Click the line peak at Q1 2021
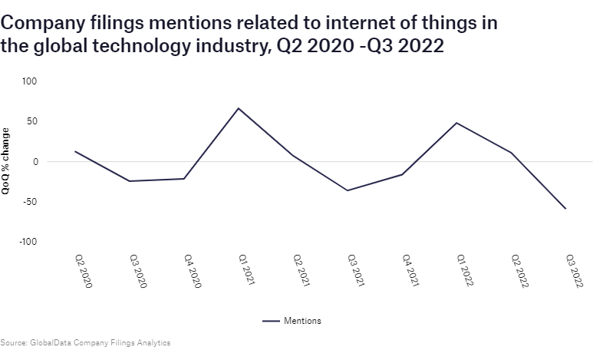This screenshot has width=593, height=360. [x=239, y=108]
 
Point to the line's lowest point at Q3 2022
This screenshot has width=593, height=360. [x=565, y=209]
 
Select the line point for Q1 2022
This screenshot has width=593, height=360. [x=456, y=123]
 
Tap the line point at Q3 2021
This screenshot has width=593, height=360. [x=348, y=190]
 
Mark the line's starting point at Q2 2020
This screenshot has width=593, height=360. [x=75, y=151]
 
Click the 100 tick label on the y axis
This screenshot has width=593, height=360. [x=30, y=81]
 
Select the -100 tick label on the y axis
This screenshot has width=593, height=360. [x=28, y=242]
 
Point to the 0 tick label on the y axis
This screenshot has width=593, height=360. [x=35, y=162]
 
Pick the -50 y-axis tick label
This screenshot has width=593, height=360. [x=30, y=202]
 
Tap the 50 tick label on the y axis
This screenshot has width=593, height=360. [x=32, y=121]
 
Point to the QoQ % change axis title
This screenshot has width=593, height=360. [x=6, y=161]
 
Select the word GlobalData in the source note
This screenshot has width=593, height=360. [x=48, y=342]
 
